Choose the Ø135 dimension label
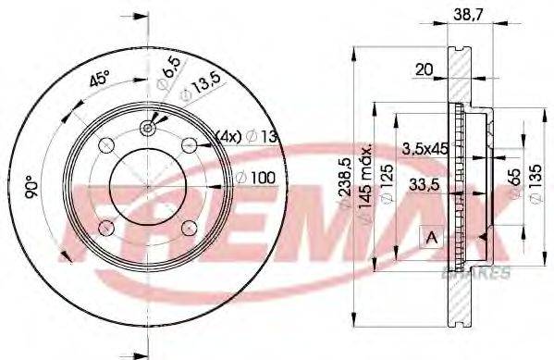[534, 184]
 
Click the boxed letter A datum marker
[430, 238]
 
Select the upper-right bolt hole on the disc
[191, 143]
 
